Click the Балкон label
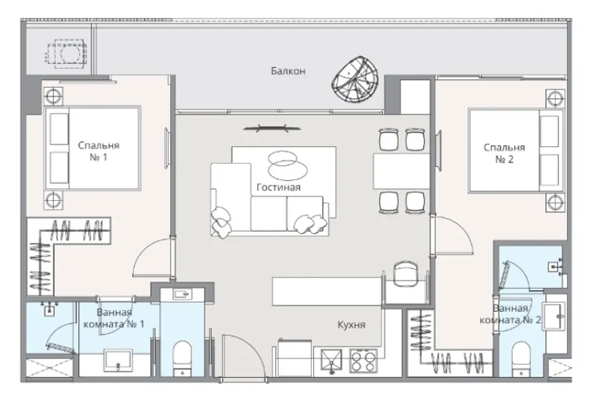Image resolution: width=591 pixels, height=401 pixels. click(x=288, y=71)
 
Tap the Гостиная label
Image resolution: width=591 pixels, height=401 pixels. click(x=279, y=188)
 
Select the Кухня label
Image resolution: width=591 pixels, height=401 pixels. click(x=352, y=324)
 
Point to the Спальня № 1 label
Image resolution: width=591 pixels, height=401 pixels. click(x=98, y=151)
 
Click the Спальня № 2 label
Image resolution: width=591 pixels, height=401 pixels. click(x=505, y=154)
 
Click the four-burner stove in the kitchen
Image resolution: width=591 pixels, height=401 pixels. click(x=363, y=361)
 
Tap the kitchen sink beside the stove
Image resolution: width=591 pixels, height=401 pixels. click(x=331, y=360)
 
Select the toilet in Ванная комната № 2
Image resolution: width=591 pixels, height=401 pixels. click(x=522, y=359)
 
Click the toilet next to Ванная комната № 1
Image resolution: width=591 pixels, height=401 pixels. click(x=182, y=359)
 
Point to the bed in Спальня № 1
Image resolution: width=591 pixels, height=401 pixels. click(x=93, y=148)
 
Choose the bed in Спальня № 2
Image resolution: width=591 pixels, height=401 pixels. click(x=516, y=151)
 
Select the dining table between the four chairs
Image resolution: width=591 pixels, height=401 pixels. click(x=401, y=171)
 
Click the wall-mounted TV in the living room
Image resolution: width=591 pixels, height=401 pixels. click(x=272, y=129)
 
